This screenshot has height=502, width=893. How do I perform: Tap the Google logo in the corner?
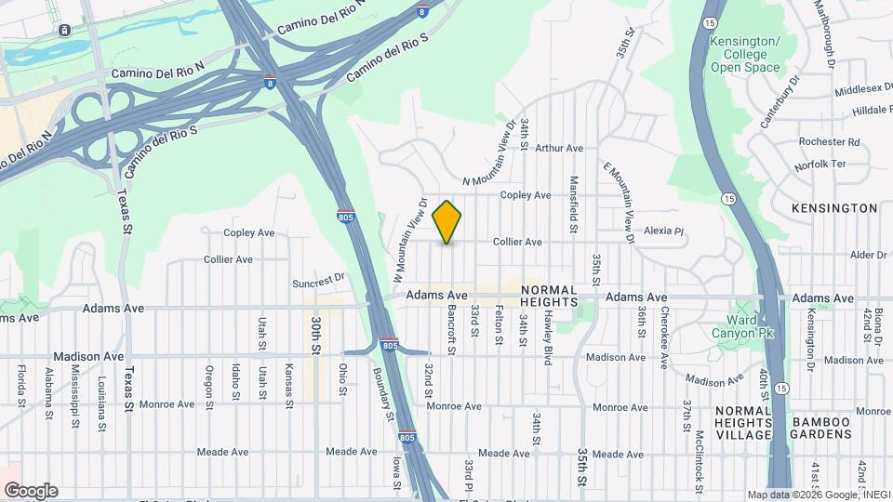pos(31,491)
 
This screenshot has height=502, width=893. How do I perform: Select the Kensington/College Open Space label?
pos(745,55)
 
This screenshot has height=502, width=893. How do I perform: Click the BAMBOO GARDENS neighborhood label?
pos(821,429)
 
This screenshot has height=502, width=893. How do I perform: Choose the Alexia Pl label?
pos(663,231)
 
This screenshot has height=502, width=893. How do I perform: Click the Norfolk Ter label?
pos(820,165)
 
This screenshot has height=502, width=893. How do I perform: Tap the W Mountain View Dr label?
pos(409,241)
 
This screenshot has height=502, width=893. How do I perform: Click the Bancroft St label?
pos(451,331)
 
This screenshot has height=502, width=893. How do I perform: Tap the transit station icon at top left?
pos(64,30)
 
